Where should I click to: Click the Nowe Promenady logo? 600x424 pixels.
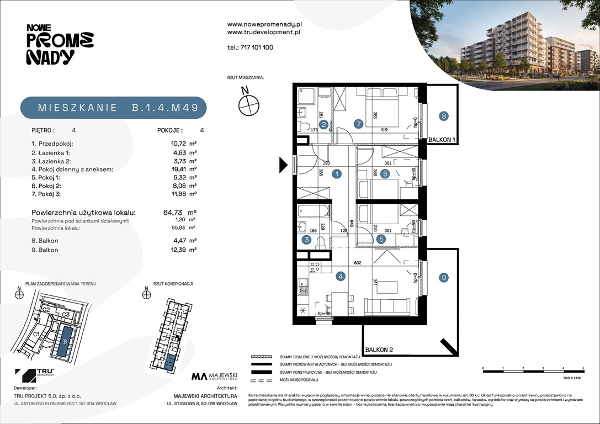point(60,44)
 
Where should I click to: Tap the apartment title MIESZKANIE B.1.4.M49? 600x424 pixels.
point(114,108)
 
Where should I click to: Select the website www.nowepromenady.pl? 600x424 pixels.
point(264,24)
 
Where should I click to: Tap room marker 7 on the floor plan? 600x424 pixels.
point(359,124)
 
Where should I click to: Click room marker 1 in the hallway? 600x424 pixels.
point(337,174)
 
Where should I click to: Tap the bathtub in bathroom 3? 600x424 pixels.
point(312,212)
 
